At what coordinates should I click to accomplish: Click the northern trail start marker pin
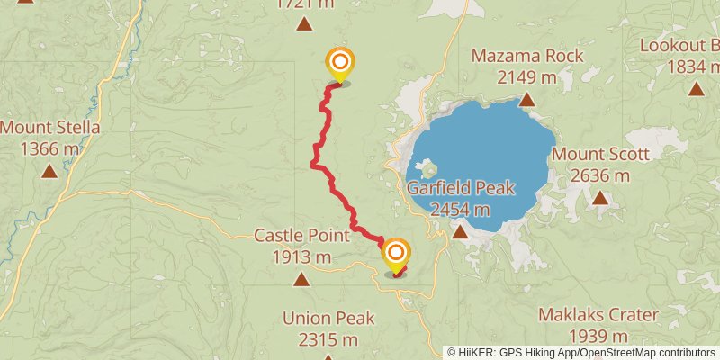tap(340, 63)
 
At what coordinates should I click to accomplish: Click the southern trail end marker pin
tap(394, 255)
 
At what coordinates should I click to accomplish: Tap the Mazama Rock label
tap(527, 56)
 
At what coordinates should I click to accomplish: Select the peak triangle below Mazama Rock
tap(526, 101)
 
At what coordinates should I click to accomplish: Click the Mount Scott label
tap(600, 154)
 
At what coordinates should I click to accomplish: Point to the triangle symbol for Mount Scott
tap(600, 197)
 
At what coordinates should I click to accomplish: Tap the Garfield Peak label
tap(460, 188)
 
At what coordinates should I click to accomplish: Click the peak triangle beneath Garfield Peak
tap(460, 232)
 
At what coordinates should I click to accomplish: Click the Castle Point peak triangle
tap(300, 279)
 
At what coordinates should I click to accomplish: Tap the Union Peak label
tap(328, 318)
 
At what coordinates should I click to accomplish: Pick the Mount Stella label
tap(49, 128)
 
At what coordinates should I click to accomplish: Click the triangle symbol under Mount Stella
tap(49, 170)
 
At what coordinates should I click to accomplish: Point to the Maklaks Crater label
tap(598, 316)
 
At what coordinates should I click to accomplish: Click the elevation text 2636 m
tap(600, 175)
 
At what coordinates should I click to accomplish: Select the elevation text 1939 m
tap(598, 337)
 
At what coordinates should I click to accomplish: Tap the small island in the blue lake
tap(427, 168)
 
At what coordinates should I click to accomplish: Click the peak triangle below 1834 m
tap(697, 88)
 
